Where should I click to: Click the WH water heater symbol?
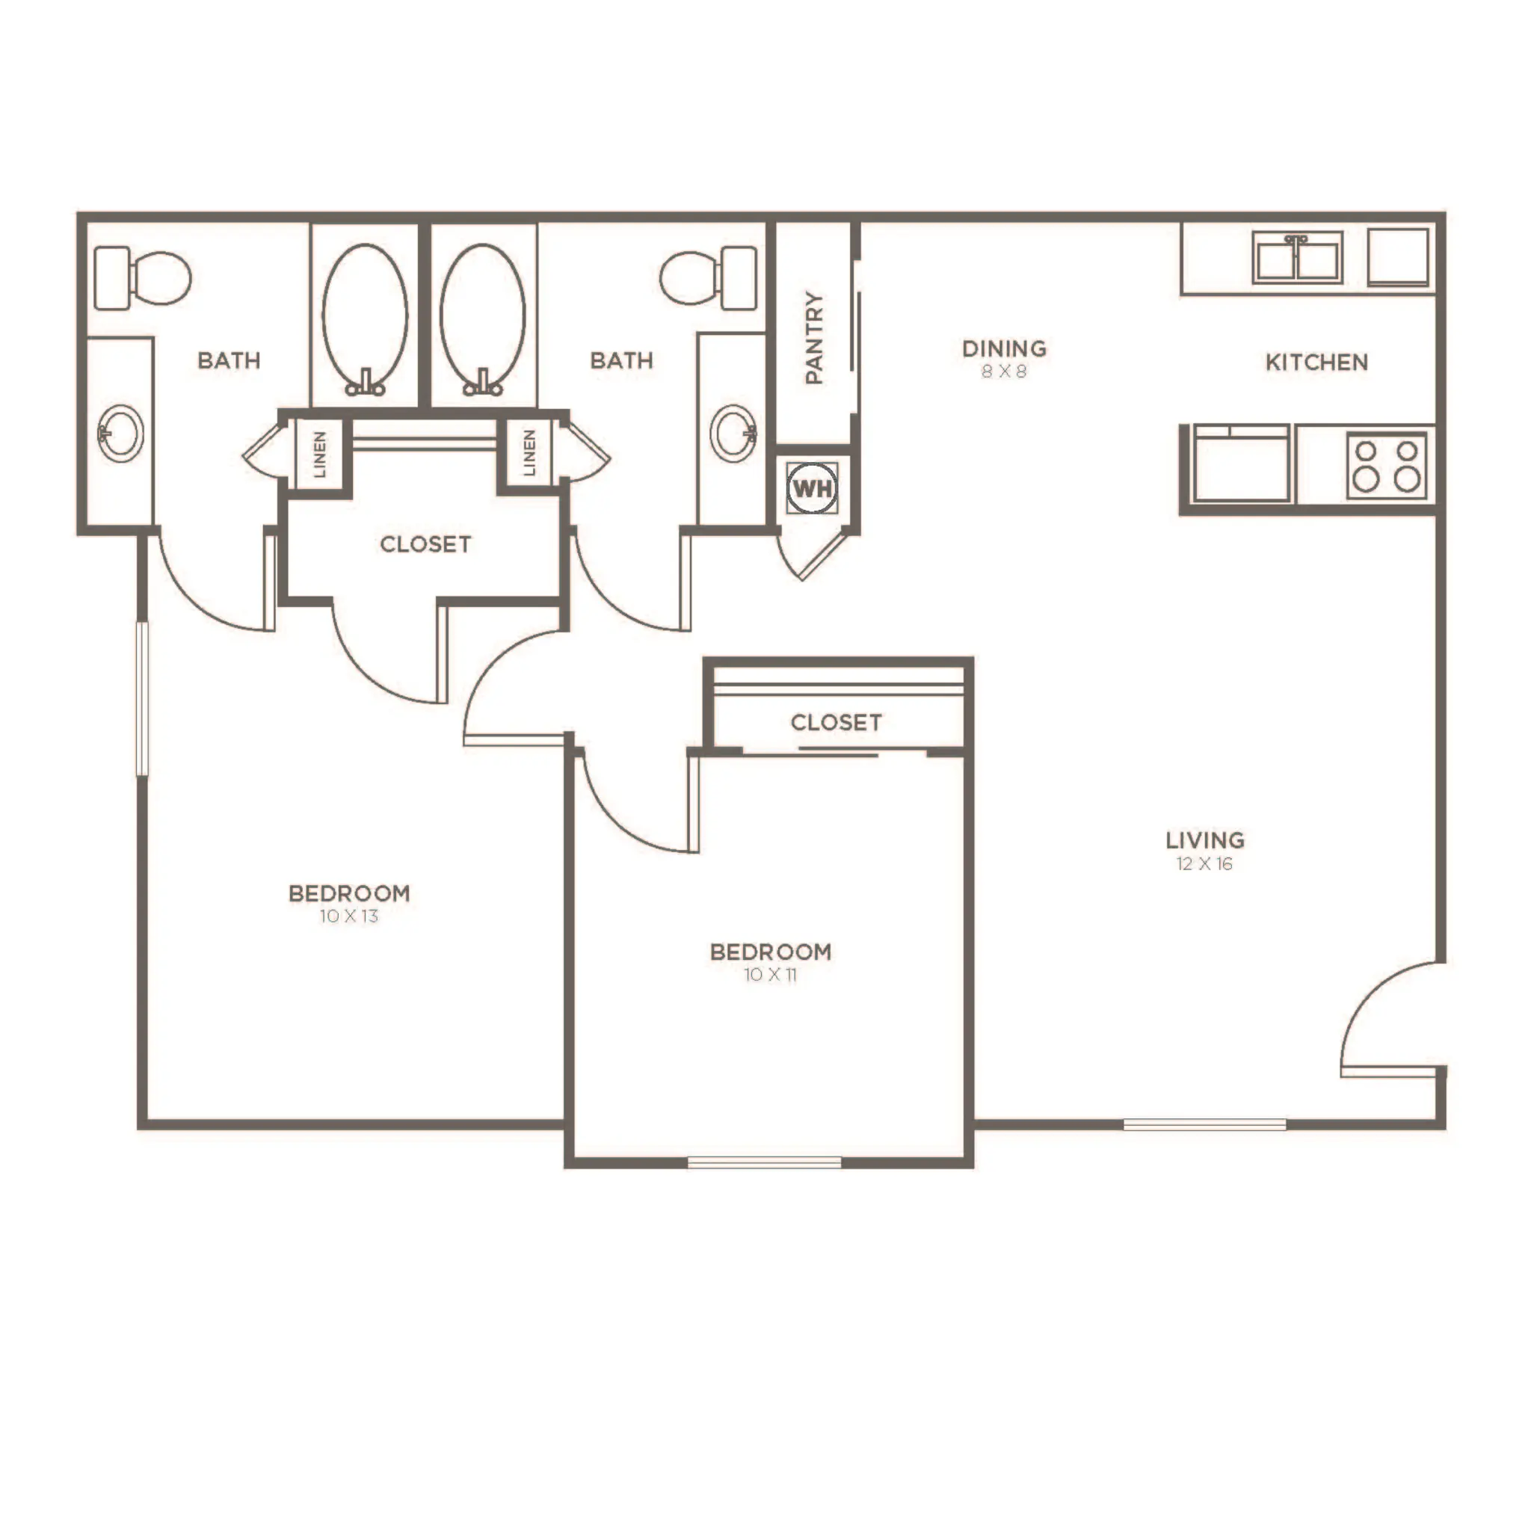pos(813,488)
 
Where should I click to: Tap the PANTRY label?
pos(814,338)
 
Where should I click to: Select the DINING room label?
pos(1004,348)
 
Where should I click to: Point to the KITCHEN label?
pos(1316,362)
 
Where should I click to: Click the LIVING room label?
pos(1204,840)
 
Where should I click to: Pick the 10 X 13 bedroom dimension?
pos(348,916)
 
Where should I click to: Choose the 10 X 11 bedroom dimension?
pos(770,975)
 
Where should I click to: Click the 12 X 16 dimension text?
pos(1204,863)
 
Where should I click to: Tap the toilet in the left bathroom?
pos(143,278)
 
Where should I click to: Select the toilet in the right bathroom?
pos(709,278)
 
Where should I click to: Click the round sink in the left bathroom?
pos(120,433)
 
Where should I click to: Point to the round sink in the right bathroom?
pos(732,433)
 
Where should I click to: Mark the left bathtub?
pos(365,317)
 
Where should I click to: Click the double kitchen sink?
pos(1297,258)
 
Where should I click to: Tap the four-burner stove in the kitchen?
pos(1386,465)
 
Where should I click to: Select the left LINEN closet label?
pos(319,454)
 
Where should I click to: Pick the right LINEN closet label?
pos(529,452)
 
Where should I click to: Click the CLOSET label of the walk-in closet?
pos(425,543)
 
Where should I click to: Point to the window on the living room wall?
pos(1204,1124)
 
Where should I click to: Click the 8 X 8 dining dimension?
pos(1004,371)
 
